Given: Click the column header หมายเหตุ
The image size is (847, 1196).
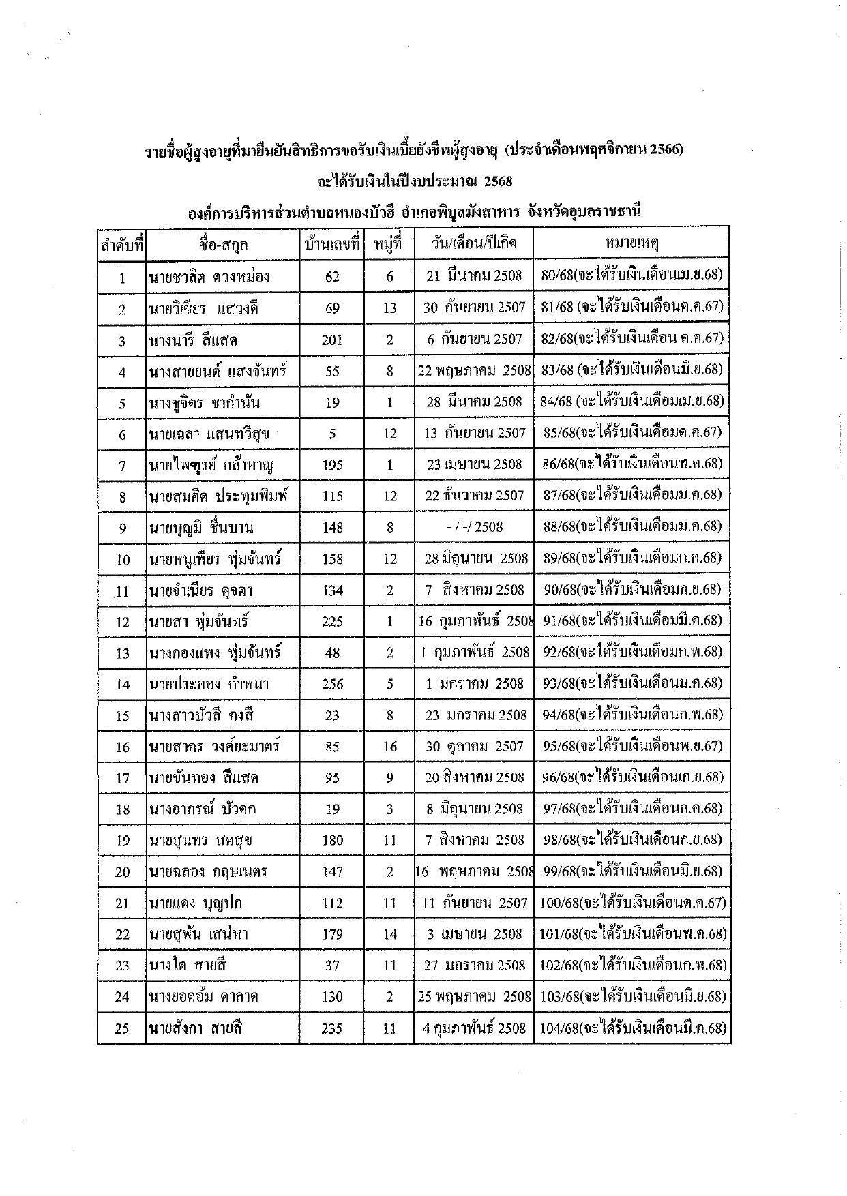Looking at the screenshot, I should pos(631,243).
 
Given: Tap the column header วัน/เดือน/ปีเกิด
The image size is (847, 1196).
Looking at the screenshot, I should pos(474,243).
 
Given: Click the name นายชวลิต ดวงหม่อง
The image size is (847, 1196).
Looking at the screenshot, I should pos(209,277).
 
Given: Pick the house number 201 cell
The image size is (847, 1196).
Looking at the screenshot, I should pos(332,340).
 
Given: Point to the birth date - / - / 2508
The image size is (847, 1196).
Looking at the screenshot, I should pos(474,527).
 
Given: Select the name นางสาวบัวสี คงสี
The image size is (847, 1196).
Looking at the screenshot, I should pos(203,715).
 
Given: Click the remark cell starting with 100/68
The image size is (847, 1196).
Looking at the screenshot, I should pos(632,903).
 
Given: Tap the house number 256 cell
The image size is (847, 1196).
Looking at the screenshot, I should pos(332,684).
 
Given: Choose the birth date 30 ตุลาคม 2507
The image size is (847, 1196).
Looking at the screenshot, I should pos(474,747).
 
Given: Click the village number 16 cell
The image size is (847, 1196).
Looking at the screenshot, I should pos(389,747).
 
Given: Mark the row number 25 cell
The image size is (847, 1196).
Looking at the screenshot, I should pos(122,1028).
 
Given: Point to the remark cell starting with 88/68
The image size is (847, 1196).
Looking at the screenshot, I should pos(632,526).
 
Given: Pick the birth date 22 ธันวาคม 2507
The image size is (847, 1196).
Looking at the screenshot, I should pos(474,496).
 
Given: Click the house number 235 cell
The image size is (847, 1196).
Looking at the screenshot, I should pos(332,1028).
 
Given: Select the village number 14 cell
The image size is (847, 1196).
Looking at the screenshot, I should pos(389,934).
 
